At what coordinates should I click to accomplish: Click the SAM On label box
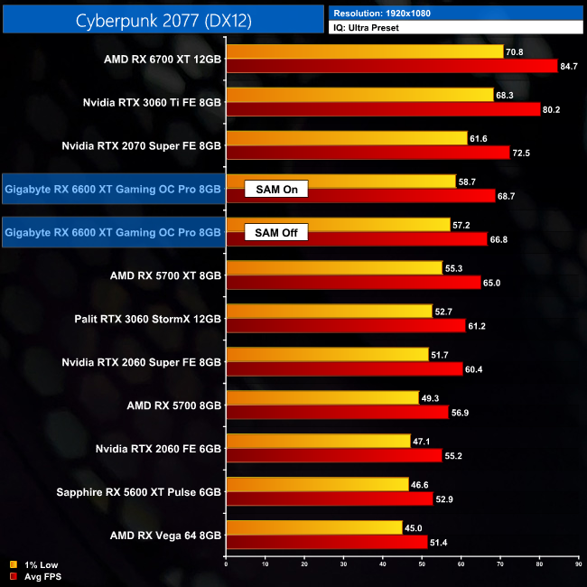(276, 189)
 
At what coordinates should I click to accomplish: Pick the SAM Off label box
(276, 232)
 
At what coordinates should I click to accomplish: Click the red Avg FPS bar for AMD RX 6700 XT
(393, 66)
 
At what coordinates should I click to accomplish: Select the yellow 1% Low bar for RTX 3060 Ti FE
(360, 95)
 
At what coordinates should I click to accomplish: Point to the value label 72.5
(524, 153)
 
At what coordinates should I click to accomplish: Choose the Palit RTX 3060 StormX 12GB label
(148, 318)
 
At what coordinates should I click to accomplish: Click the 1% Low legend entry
(36, 564)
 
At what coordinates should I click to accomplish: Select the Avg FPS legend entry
(37, 575)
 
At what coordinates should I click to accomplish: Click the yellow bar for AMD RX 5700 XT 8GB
(335, 268)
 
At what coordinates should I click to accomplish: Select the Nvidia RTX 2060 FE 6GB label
(158, 448)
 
